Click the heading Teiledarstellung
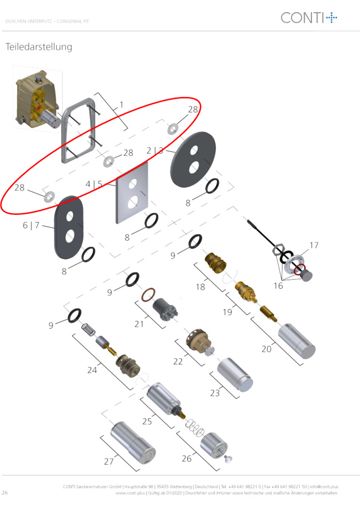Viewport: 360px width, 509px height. click(39, 47)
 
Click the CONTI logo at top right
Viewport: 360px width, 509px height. click(309, 17)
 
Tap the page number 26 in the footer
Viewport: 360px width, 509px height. click(5, 493)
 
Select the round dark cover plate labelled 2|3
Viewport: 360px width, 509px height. click(193, 159)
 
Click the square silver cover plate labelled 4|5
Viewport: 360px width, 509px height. click(132, 193)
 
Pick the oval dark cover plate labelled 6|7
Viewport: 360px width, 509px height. click(69, 227)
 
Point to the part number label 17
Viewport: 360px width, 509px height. click(314, 245)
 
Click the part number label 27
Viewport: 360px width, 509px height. click(109, 461)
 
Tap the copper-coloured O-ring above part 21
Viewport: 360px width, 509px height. click(148, 295)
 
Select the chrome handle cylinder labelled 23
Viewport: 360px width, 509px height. click(235, 375)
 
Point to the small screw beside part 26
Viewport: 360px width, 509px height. click(228, 459)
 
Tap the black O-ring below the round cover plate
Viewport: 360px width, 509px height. click(212, 186)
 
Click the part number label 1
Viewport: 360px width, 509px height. click(122, 105)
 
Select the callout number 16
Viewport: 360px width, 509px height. click(278, 286)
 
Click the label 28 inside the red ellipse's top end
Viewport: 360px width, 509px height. click(193, 109)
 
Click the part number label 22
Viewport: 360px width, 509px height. click(178, 361)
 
